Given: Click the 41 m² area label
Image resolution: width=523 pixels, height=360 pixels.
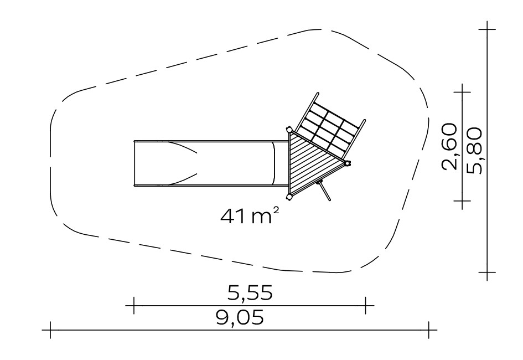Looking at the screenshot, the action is (250, 215).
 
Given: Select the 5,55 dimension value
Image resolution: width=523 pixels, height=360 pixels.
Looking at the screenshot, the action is (250, 292).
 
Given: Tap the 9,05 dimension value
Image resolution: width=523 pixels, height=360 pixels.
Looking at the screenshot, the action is (240, 317).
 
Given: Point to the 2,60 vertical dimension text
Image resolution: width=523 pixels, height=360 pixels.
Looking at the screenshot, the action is (449, 146).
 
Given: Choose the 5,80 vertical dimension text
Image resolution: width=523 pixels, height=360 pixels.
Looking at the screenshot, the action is (474, 151).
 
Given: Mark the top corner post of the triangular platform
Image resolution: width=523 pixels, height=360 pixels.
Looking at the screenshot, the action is (289, 129).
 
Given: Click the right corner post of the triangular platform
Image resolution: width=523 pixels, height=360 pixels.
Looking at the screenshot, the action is (348, 163).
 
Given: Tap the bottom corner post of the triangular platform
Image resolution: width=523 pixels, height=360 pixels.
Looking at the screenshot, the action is (289, 197).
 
